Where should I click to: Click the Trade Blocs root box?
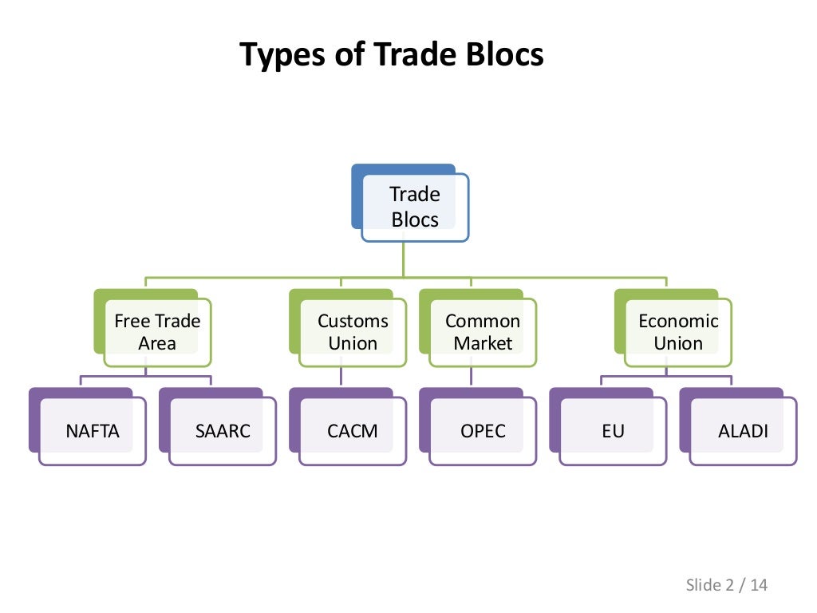tap(415, 207)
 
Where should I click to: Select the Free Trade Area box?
tap(157, 332)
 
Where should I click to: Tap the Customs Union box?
tap(353, 332)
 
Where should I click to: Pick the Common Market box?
tap(483, 332)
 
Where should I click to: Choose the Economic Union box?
tap(678, 332)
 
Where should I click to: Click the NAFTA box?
tap(93, 432)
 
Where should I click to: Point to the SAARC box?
tap(223, 432)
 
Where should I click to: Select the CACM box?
tap(353, 432)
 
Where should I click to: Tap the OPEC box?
tap(483, 432)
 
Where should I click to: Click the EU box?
tap(613, 432)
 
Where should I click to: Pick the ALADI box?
tap(743, 432)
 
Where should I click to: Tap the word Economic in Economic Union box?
tap(678, 321)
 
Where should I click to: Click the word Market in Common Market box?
tap(483, 344)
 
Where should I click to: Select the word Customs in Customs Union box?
tap(353, 321)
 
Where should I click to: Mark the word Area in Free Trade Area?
tap(157, 344)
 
